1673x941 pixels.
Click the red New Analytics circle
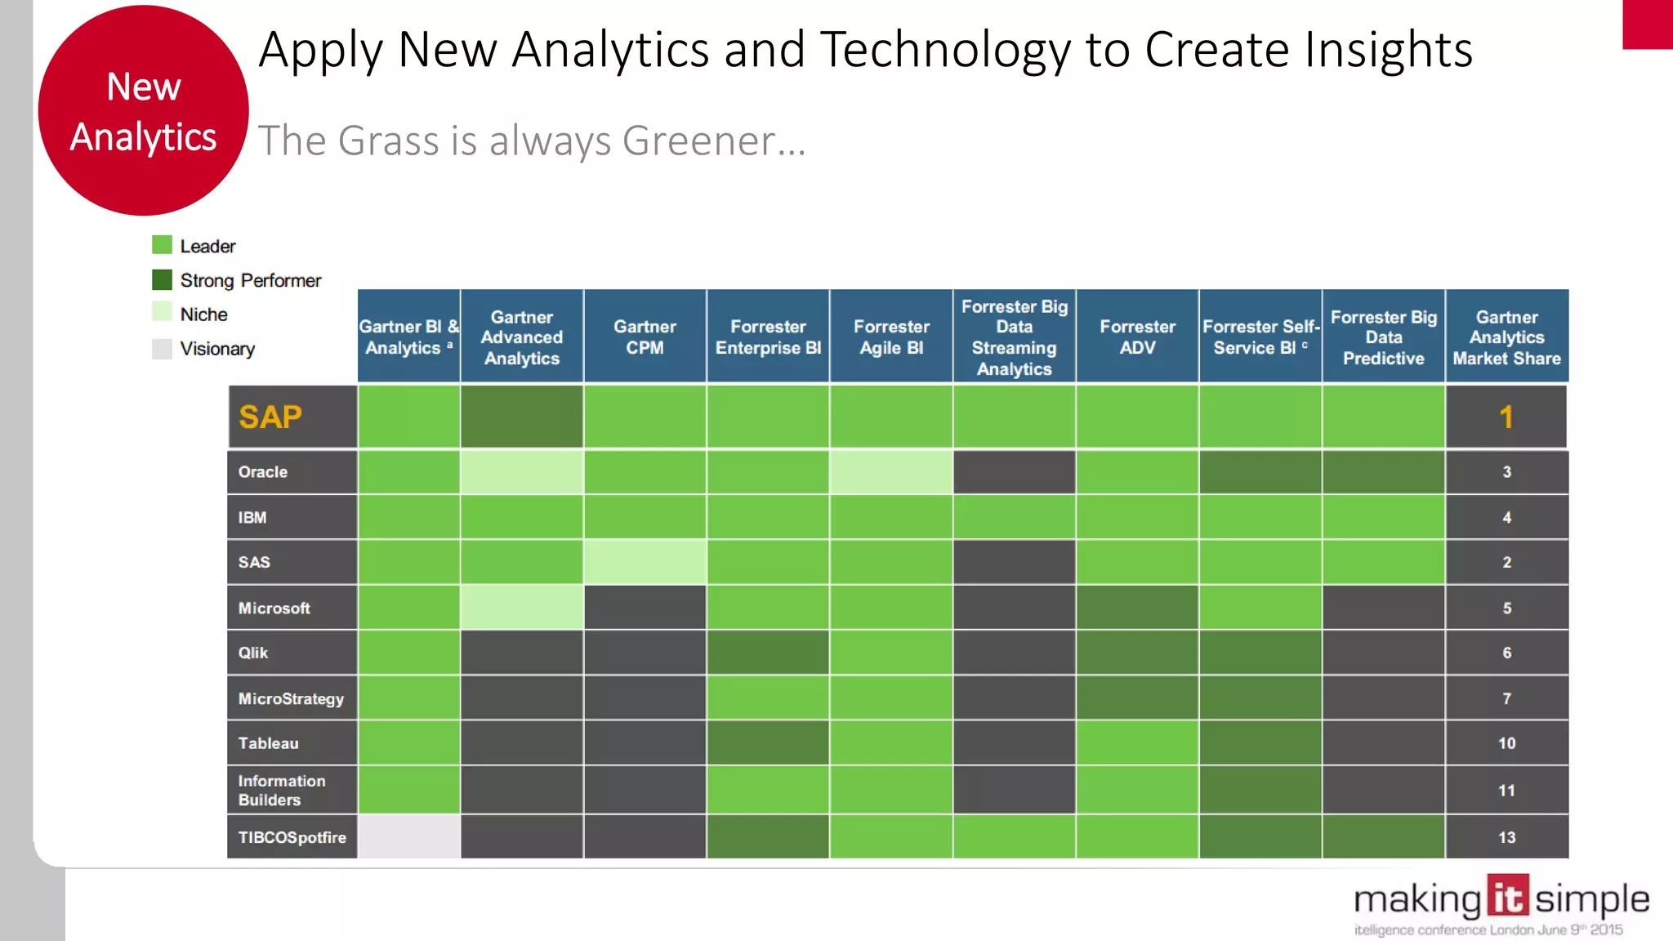click(x=143, y=111)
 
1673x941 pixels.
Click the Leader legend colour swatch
click(x=162, y=245)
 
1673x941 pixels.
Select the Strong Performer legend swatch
click(x=162, y=280)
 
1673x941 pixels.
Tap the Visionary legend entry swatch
click(x=162, y=349)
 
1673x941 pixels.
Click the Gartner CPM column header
click(x=645, y=337)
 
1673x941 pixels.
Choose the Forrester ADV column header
click(x=1137, y=337)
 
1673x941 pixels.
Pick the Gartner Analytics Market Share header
click(x=1506, y=337)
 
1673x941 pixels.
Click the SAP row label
click(x=270, y=417)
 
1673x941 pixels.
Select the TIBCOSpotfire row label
click(x=292, y=837)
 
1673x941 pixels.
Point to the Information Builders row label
click(x=281, y=790)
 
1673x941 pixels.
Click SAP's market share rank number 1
click(x=1506, y=417)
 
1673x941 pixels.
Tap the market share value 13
click(x=1506, y=837)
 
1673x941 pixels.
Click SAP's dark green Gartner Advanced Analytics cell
click(x=521, y=417)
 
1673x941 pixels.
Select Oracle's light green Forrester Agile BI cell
click(x=890, y=472)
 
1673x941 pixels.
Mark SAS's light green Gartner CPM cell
click(x=645, y=562)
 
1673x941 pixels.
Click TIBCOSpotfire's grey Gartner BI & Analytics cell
click(x=408, y=836)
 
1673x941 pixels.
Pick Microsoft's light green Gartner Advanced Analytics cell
click(x=521, y=608)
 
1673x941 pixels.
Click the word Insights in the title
click(x=1389, y=51)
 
